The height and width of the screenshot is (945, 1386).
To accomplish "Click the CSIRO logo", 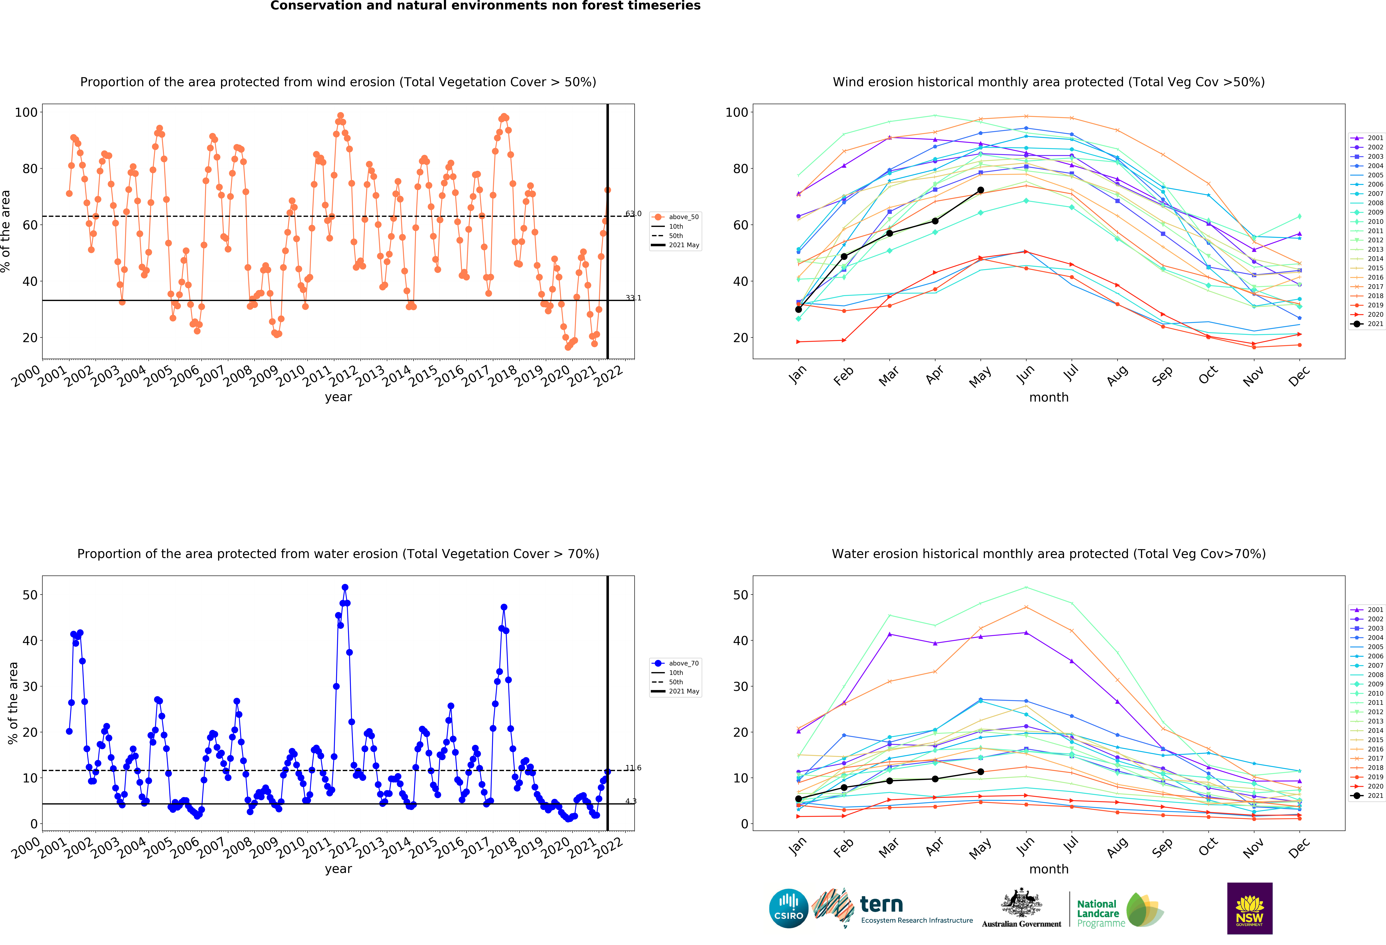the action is pos(788,908).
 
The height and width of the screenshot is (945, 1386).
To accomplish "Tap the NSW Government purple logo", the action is pos(1249,908).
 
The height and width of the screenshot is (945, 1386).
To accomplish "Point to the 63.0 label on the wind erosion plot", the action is pos(633,214).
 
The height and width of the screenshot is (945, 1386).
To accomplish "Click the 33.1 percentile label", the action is pos(633,298).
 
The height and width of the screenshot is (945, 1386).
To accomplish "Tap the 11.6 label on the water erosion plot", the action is pos(633,768).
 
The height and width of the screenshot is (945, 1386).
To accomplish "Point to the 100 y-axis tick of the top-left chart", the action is pos(26,112).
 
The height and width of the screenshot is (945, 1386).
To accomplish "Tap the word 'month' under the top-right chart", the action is pos(1049,397).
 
